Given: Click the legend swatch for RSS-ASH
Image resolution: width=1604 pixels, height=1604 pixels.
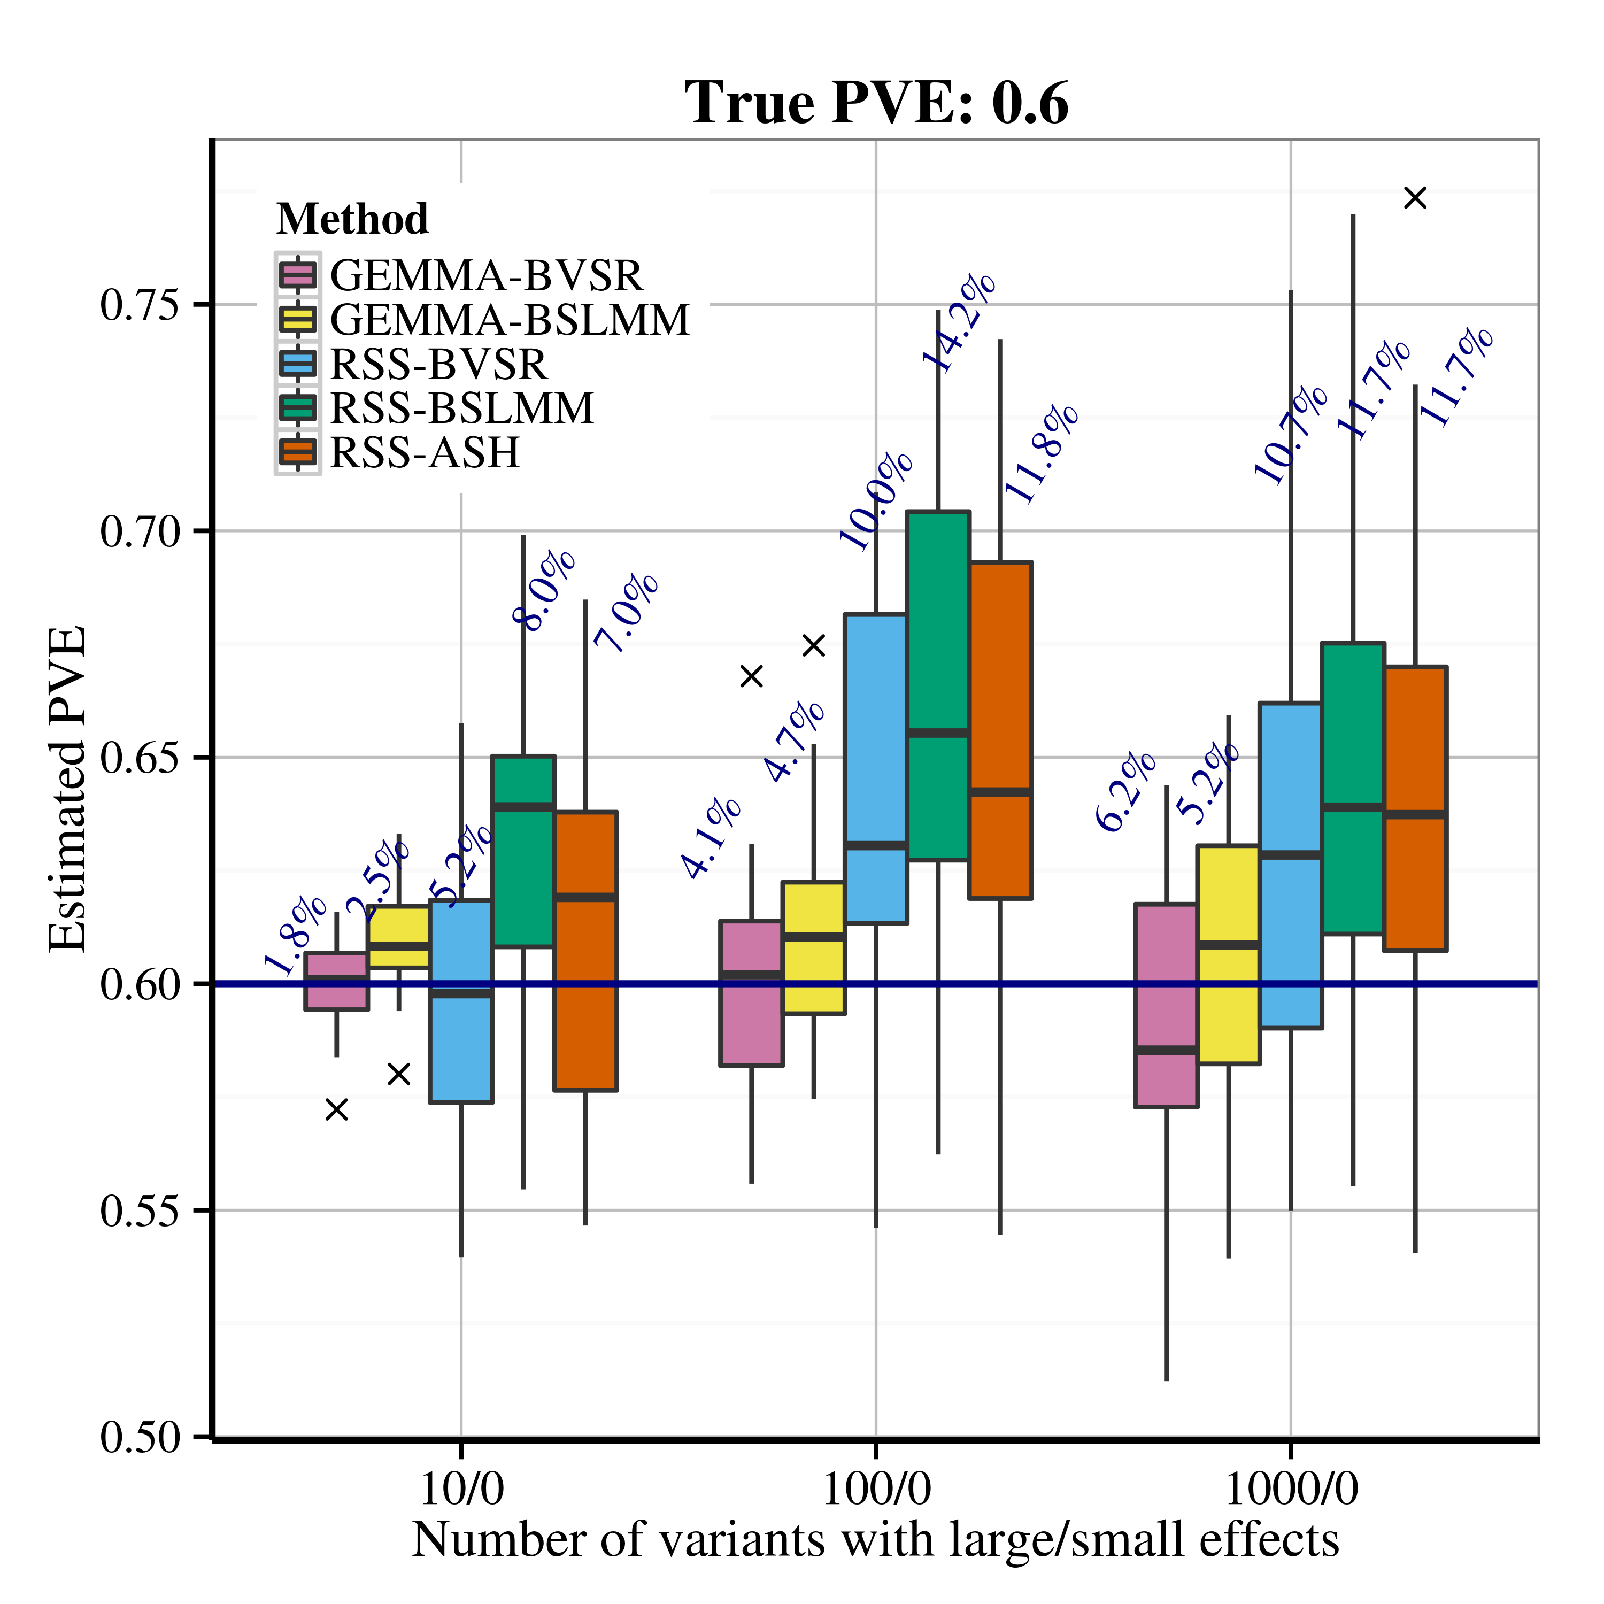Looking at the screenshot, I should point(298,452).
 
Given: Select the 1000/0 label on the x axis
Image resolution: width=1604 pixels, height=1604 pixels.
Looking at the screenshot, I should point(1291,1490).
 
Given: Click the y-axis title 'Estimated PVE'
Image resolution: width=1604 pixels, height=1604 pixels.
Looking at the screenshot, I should point(66,789).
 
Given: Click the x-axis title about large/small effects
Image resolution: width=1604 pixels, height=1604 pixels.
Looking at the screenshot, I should point(876,1540).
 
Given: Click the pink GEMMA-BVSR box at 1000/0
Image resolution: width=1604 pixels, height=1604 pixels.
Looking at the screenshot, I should point(1167,1005).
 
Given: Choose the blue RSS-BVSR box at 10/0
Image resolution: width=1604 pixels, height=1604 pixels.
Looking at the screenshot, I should point(461,1000).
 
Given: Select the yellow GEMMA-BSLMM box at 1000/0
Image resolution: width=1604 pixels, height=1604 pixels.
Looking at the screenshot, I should point(1229,955).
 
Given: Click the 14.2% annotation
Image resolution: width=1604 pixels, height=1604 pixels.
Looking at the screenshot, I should point(959,321).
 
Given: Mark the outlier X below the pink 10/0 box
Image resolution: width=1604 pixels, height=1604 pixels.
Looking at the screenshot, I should point(336,1109).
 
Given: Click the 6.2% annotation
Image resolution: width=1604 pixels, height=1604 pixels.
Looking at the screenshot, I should point(1125,791).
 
